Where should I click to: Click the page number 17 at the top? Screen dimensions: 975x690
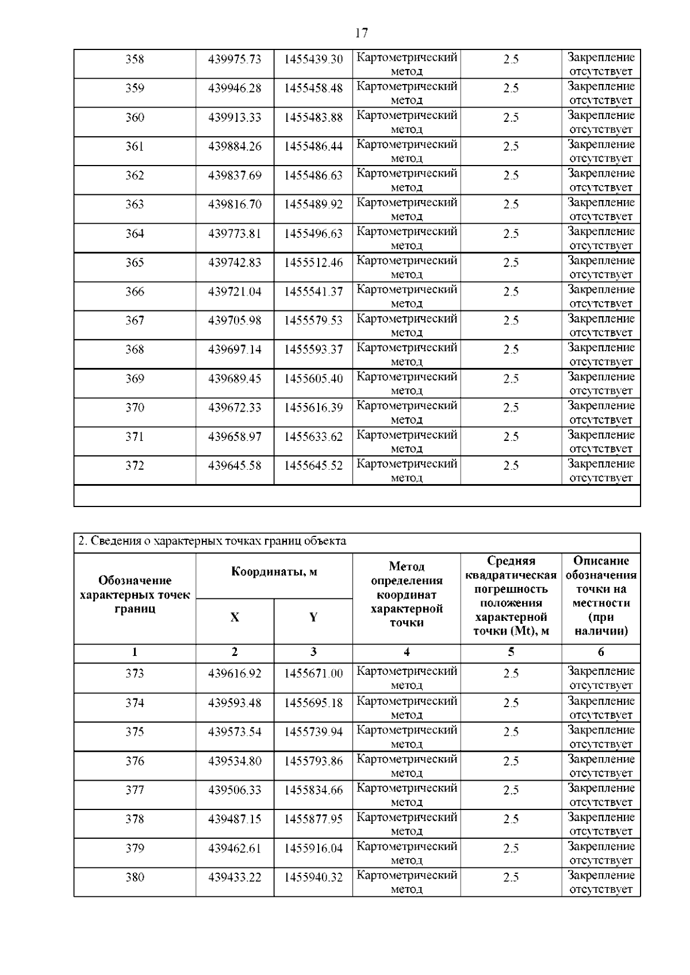pyautogui.click(x=361, y=33)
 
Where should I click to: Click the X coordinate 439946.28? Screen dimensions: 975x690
pyautogui.click(x=235, y=89)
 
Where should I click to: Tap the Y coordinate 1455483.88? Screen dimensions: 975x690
pyautogui.click(x=313, y=118)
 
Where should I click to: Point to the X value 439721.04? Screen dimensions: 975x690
pyautogui.click(x=235, y=292)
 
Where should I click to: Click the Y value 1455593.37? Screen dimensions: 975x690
pyautogui.click(x=313, y=350)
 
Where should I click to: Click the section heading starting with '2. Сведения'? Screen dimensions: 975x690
pyautogui.click(x=212, y=542)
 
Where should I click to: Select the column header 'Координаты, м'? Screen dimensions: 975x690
pyautogui.click(x=274, y=572)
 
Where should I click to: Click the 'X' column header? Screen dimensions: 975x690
pyautogui.click(x=235, y=618)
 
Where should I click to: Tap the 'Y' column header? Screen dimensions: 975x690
pyautogui.click(x=313, y=618)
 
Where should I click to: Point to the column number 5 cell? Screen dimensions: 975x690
pyautogui.click(x=511, y=652)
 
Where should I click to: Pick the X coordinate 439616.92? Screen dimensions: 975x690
pyautogui.click(x=235, y=674)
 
